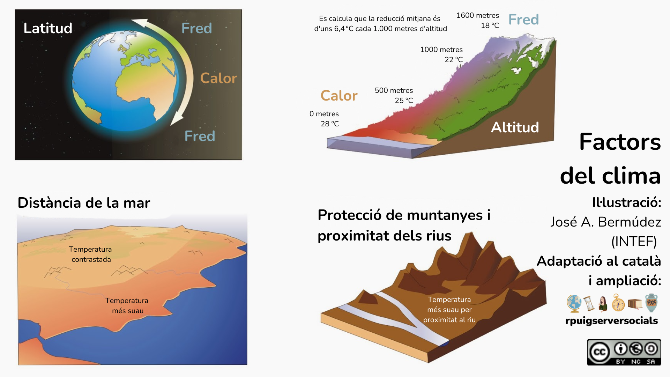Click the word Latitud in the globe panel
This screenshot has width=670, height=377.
pyautogui.click(x=48, y=28)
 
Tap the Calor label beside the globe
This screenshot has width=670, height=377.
pyautogui.click(x=219, y=78)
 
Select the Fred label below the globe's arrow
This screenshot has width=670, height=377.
pyautogui.click(x=200, y=136)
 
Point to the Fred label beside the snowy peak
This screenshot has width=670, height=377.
pyautogui.click(x=523, y=20)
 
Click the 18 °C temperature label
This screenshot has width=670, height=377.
pyautogui.click(x=490, y=25)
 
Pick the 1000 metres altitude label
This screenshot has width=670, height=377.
pyautogui.click(x=441, y=50)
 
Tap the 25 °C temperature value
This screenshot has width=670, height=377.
pyautogui.click(x=404, y=101)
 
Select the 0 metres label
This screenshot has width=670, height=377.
pyautogui.click(x=324, y=114)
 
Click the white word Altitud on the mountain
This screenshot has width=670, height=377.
pyautogui.click(x=515, y=127)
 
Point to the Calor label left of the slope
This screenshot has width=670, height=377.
pyautogui.click(x=339, y=96)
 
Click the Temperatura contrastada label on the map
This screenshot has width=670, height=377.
pyautogui.click(x=91, y=254)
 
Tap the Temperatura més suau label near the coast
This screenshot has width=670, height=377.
pyautogui.click(x=127, y=305)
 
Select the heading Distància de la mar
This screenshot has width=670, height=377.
pyautogui.click(x=84, y=203)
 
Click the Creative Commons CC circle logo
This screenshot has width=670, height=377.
pyautogui.click(x=600, y=352)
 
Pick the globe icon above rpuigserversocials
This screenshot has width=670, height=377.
pyautogui.click(x=574, y=303)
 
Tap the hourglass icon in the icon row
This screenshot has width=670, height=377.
pyautogui.click(x=589, y=303)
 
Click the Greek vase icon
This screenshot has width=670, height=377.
pyautogui.click(x=651, y=303)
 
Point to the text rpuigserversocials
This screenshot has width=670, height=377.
pyautogui.click(x=612, y=321)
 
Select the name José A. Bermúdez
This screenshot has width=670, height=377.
pyautogui.click(x=606, y=222)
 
